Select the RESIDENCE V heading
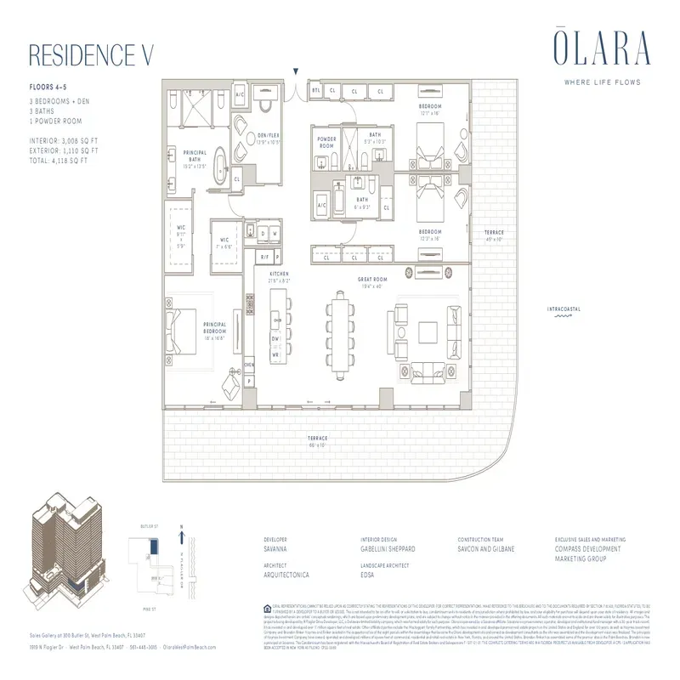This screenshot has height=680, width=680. tap(90, 54)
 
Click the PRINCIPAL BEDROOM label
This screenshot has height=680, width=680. tap(213, 327)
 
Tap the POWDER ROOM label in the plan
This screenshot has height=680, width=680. tap(327, 141)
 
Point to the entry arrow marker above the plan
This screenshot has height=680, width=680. tap(296, 74)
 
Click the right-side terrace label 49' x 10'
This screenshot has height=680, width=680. tap(495, 235)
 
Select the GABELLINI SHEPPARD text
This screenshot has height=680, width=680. tap(388, 549)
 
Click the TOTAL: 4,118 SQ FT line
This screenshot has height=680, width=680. tap(65, 159)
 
